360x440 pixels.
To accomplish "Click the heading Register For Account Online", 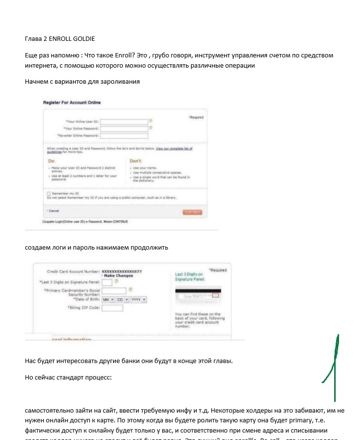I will [72, 103].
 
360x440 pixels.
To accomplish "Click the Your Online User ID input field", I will [124, 122].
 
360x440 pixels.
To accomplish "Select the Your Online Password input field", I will [124, 128].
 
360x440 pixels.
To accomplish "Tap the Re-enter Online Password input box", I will [124, 136].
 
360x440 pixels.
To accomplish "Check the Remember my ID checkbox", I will [49, 193].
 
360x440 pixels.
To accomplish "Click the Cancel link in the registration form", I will [54, 211].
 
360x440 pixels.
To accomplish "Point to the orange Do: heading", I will [51, 160].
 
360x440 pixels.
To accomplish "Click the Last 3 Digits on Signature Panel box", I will [107, 282].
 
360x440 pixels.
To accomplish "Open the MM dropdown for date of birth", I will [108, 300].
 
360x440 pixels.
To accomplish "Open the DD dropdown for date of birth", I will [122, 300].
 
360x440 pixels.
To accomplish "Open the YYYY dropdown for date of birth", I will [138, 300].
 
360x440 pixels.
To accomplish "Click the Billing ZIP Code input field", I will [112, 308].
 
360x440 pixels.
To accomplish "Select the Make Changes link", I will [118, 276].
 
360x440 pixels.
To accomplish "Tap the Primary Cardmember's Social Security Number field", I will [114, 291].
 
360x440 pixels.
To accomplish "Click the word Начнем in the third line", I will [37, 82].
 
